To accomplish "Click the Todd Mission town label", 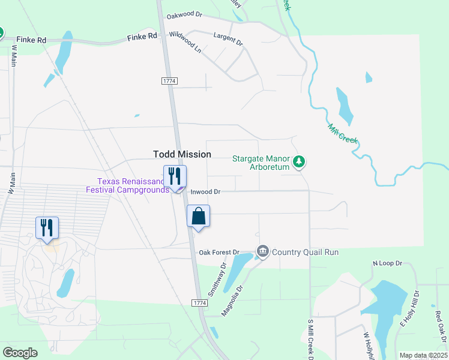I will pos(182,154).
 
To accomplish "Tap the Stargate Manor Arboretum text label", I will pos(261,163).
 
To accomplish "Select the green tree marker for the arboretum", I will pos(299,161).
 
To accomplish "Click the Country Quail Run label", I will pos(305,252).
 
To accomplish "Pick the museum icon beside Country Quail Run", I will pos(262,251).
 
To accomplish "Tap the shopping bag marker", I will pos(199,217).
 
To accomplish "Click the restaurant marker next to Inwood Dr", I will pos(175,176).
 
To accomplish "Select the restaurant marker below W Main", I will pos(47,228).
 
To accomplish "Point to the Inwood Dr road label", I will pos(206,192).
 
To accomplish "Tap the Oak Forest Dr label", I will pos(219,253).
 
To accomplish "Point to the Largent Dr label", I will pos(229,40).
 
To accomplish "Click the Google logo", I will pos(20,353).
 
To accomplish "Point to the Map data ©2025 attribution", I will pos(423,355).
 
